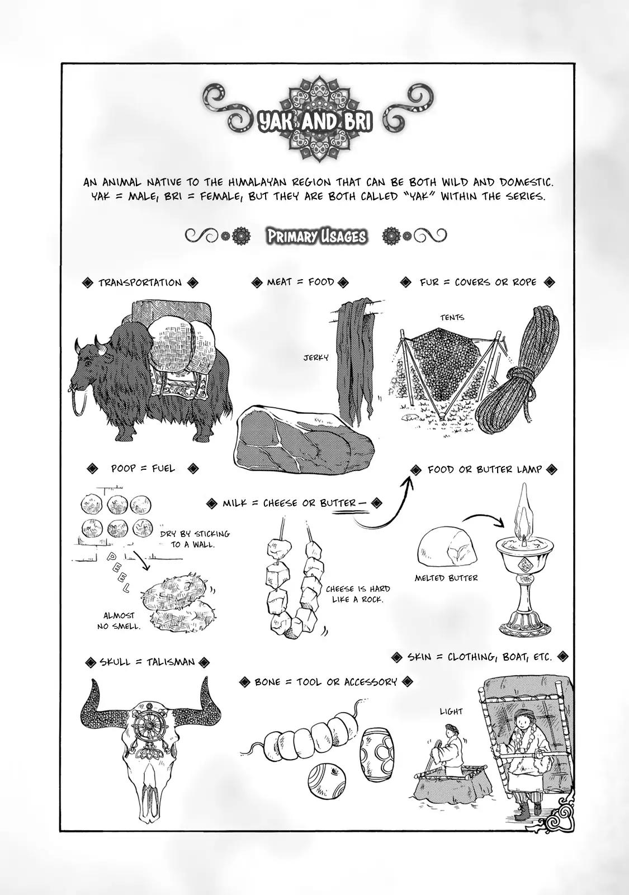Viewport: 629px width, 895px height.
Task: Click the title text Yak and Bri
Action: (x=314, y=123)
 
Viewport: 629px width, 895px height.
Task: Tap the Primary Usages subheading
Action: (x=316, y=237)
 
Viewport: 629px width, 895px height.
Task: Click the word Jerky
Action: (x=316, y=357)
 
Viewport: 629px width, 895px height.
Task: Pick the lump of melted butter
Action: (x=446, y=548)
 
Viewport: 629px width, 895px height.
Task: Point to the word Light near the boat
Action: (x=451, y=711)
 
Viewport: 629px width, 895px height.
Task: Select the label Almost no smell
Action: (x=119, y=620)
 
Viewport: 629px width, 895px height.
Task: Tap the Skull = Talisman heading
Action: (x=147, y=662)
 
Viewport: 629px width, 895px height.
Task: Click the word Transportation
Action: (x=140, y=282)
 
